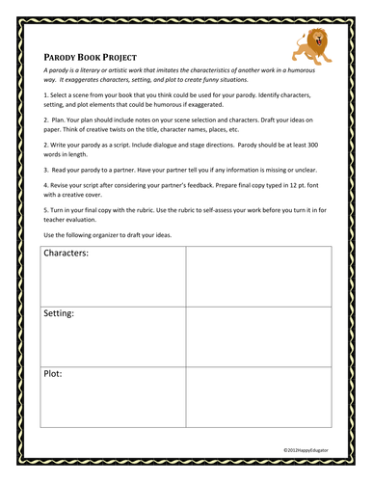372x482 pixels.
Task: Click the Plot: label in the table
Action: [x=54, y=372]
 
